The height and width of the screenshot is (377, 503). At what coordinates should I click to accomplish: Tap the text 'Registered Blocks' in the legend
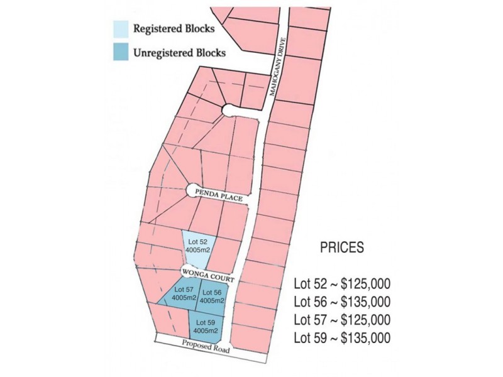point(174,29)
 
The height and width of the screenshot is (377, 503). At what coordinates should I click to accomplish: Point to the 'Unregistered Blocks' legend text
point(179,53)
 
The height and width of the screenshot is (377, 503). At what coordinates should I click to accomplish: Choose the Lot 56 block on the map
point(211,297)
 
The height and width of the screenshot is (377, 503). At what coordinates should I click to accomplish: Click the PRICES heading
point(341,248)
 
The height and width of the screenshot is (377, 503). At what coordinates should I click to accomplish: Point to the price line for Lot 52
point(342,283)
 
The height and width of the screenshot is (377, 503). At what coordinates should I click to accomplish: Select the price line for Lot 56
point(342,302)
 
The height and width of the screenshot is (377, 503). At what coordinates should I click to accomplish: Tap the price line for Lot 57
point(342,320)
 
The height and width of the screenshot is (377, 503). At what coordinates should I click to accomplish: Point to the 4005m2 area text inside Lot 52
point(197,250)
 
